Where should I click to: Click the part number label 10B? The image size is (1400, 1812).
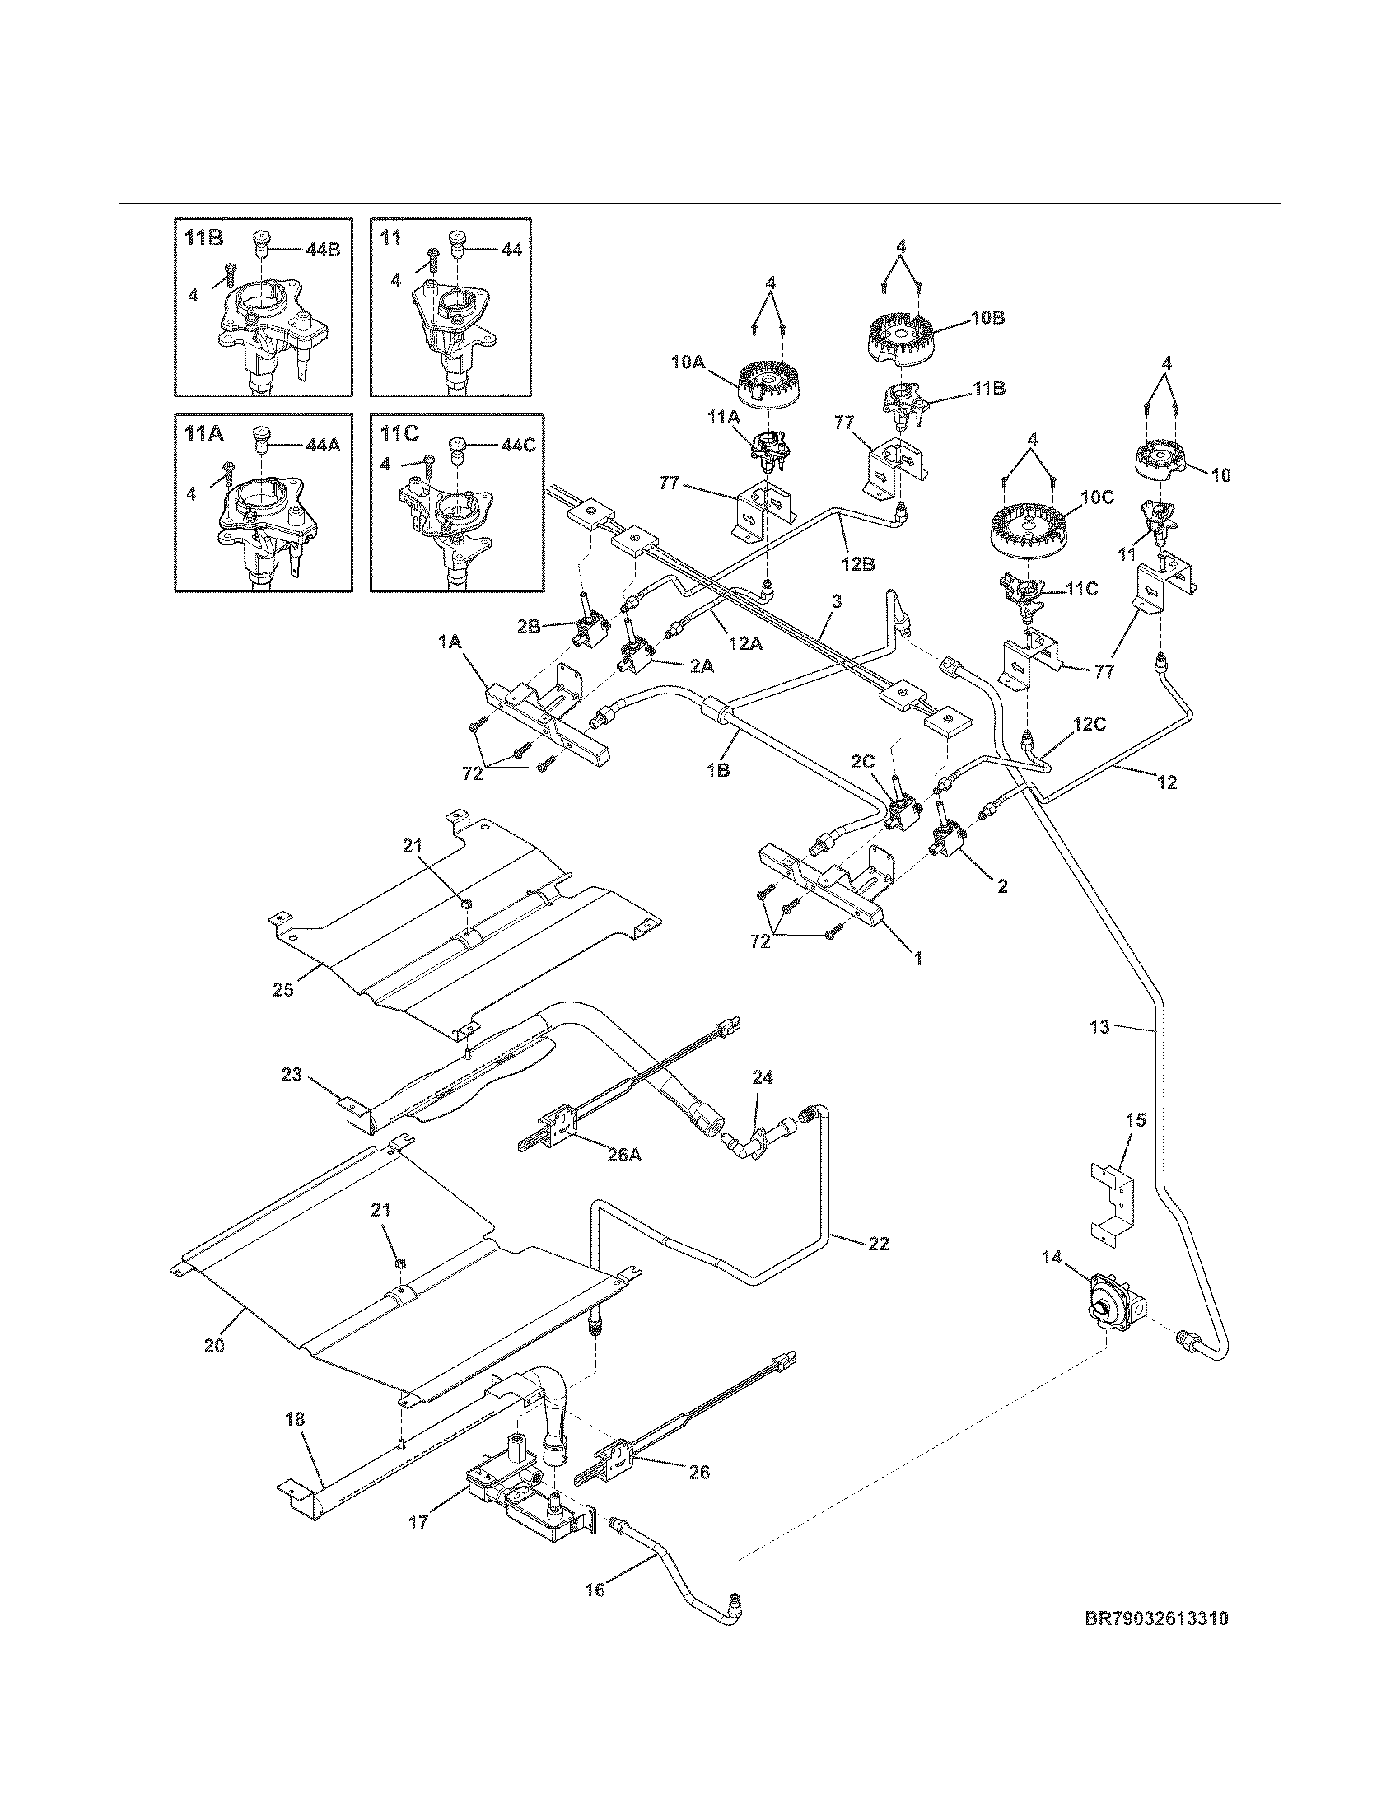[x=987, y=318]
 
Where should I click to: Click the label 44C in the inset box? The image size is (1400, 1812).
[x=518, y=446]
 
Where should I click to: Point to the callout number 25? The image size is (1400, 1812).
[x=283, y=990]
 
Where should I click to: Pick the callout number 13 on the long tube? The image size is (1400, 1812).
[x=1099, y=1027]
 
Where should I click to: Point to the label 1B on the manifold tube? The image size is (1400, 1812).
[x=718, y=769]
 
